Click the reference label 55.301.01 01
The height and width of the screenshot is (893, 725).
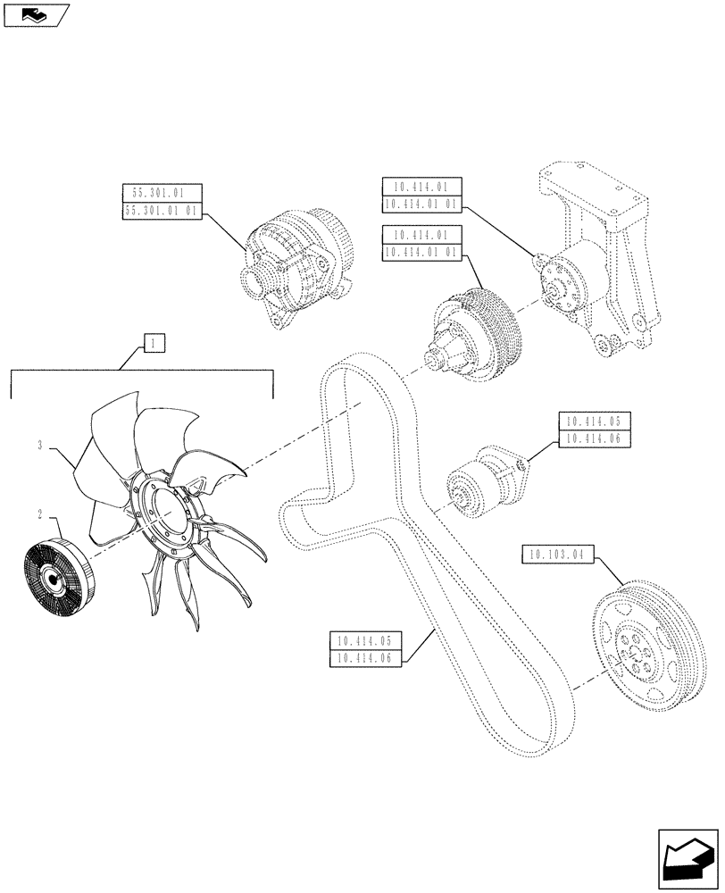click(x=162, y=212)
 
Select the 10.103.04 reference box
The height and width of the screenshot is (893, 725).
click(x=555, y=556)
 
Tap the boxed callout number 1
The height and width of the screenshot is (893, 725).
click(x=154, y=342)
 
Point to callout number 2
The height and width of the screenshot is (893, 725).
click(x=41, y=514)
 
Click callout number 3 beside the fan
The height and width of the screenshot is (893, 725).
click(x=41, y=444)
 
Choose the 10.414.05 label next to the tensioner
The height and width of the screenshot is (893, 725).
click(x=595, y=421)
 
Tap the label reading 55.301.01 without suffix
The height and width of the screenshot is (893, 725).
click(x=162, y=193)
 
